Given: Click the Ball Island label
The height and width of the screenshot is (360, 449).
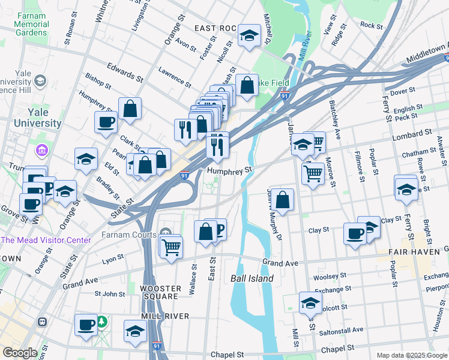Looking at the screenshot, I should coord(252,278).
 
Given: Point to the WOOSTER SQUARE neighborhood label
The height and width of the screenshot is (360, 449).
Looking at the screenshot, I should coord(160,292).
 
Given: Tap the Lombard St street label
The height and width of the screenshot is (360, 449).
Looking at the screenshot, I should coord(411,133).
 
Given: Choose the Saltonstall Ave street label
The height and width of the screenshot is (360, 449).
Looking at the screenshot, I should coord(340,329).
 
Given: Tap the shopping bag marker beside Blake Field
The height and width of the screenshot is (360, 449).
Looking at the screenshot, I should coord(247,86).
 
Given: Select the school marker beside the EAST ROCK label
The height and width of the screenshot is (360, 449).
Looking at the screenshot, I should coord(249,36).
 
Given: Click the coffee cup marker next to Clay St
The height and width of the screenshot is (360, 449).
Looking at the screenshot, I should coord(355,233).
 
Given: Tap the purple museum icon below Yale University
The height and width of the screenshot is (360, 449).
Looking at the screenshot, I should coord(41,149).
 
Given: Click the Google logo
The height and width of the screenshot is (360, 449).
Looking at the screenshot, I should coord(20,353).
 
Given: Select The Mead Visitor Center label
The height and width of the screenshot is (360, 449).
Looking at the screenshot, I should coord(46,240).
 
